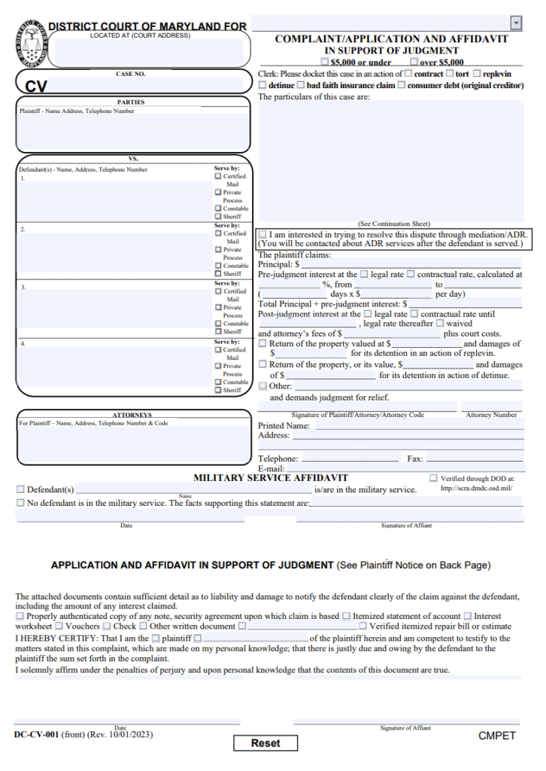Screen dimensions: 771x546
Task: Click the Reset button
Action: [265, 743]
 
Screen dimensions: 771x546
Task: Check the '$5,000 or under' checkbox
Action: [325, 62]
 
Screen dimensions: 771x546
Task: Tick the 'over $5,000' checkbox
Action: [414, 62]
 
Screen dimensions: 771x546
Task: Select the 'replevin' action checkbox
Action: [477, 74]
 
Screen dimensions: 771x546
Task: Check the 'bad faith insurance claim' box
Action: [301, 85]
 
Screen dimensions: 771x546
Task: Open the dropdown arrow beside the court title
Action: [515, 23]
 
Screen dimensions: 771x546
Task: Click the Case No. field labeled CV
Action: [132, 84]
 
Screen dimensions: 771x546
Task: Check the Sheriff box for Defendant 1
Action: [218, 217]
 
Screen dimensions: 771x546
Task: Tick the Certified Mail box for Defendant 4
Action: [218, 350]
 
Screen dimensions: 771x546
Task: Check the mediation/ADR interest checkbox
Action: [262, 235]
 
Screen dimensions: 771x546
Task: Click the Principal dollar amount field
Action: [410, 264]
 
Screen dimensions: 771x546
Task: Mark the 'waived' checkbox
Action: [440, 324]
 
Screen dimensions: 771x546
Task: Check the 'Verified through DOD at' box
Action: [433, 478]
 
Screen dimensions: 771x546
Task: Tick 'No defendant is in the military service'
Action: [20, 502]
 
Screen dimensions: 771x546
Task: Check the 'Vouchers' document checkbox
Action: [59, 626]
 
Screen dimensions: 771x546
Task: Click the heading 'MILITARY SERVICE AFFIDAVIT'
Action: [271, 478]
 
